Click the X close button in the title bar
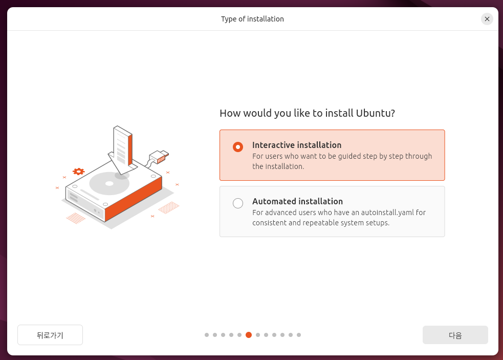(487, 19)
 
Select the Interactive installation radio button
(238, 147)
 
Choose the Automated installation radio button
(238, 203)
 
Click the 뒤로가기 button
(50, 335)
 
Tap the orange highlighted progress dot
(249, 335)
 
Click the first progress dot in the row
(207, 335)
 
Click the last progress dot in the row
(299, 335)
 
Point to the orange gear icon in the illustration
(79, 172)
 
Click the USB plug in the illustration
(159, 157)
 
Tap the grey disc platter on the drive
(109, 184)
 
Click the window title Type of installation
(252, 19)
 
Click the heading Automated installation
(297, 201)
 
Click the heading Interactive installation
(297, 145)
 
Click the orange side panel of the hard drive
(134, 199)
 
